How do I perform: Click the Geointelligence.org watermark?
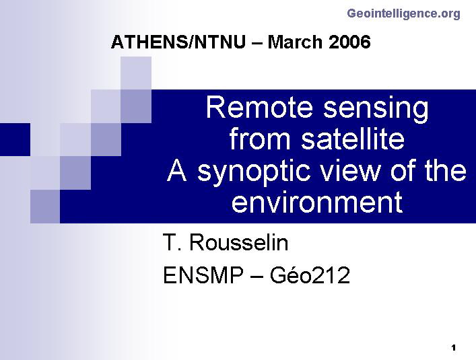[403, 14]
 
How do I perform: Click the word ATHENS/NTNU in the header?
[178, 42]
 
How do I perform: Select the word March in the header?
[294, 42]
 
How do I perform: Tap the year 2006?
[349, 42]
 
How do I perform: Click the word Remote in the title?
[259, 108]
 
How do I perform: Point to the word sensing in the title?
[376, 110]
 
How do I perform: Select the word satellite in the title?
[353, 139]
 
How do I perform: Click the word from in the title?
[259, 139]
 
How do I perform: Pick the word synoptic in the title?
[254, 173]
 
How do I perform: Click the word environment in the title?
[317, 203]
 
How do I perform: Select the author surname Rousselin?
[238, 243]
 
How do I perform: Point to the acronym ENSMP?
[203, 275]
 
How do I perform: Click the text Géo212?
[310, 275]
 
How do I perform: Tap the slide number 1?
[454, 348]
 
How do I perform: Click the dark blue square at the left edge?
[15, 139]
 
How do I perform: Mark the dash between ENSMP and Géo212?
[257, 277]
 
